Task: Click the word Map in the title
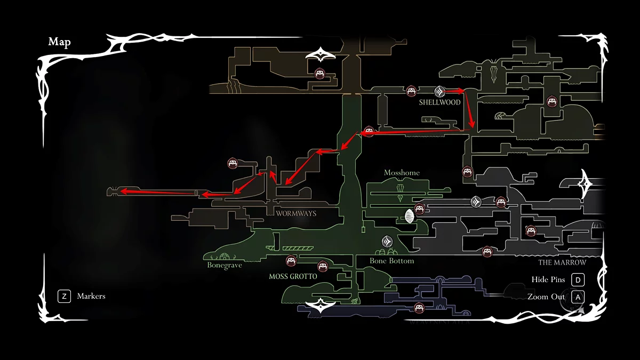(59, 43)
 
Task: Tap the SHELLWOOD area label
(439, 103)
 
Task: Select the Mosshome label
(402, 173)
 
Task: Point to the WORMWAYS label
(296, 213)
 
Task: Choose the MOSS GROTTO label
(293, 277)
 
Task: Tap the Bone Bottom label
(392, 261)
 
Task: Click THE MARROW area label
(562, 262)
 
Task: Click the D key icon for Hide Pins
(577, 280)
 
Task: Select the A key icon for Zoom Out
(577, 297)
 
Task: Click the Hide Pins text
(548, 280)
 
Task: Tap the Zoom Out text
(546, 297)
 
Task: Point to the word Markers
(91, 296)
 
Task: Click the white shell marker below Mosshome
(409, 217)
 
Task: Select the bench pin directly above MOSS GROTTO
(291, 261)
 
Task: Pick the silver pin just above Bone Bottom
(387, 241)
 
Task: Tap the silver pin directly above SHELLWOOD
(439, 91)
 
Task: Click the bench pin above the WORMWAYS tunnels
(232, 163)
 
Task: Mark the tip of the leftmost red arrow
(119, 190)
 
